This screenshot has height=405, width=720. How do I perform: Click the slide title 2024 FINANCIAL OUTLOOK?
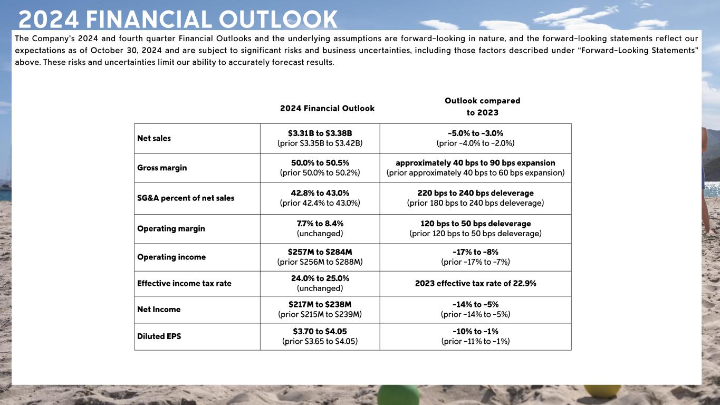pos(178,19)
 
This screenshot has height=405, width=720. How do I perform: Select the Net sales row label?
pos(154,138)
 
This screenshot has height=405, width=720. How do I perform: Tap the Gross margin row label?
pos(162,168)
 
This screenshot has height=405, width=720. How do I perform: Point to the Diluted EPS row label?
pos(159,336)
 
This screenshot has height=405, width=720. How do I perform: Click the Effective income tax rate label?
pos(184,283)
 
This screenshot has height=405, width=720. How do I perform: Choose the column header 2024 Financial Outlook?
pos(327,108)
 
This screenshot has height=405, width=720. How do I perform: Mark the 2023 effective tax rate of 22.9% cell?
pos(475,283)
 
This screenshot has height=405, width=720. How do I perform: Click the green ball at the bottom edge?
pos(398,395)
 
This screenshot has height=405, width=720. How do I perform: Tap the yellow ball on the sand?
pos(602,391)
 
